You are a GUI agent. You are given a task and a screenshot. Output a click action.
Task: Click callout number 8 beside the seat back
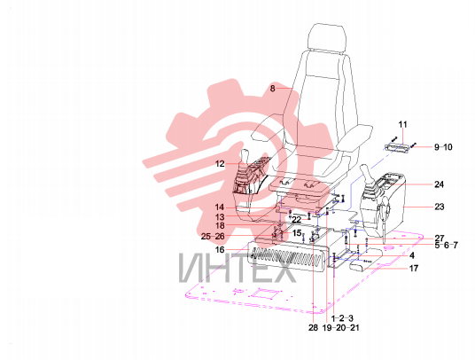click(x=273, y=89)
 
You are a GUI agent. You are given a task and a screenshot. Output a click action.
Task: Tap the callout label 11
click(x=402, y=124)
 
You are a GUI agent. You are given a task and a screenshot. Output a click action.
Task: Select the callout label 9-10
click(x=443, y=147)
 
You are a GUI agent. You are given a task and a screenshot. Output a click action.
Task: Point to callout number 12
click(x=220, y=164)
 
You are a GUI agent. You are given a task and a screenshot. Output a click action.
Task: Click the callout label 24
click(x=439, y=184)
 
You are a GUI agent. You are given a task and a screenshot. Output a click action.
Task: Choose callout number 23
click(x=440, y=207)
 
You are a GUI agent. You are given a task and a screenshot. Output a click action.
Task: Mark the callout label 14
click(x=220, y=207)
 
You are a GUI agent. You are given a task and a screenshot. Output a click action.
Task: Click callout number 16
click(x=220, y=250)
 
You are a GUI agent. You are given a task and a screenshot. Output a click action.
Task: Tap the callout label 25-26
click(x=213, y=237)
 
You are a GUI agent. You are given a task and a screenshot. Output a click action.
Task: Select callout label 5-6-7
click(x=447, y=245)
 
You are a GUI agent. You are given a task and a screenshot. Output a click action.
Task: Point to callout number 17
click(x=414, y=268)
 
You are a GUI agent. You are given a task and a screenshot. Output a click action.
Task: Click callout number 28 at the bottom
click(x=313, y=327)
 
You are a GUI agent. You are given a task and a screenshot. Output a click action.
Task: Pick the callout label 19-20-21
click(x=340, y=327)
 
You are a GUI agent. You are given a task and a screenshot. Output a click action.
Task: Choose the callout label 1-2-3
click(x=342, y=318)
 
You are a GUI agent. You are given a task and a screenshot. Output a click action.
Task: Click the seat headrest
click(x=326, y=37)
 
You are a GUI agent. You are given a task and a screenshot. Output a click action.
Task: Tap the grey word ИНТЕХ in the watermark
click(x=237, y=268)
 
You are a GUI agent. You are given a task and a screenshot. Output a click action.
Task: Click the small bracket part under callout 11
click(x=397, y=147)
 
